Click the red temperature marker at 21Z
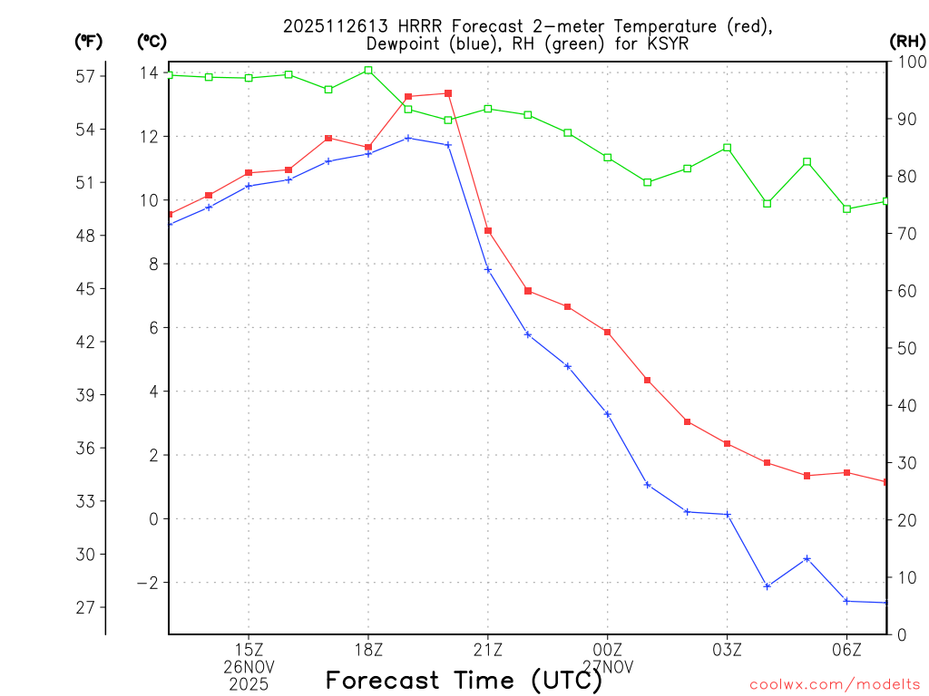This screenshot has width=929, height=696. pos(488,231)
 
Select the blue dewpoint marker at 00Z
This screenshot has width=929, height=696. pos(608,414)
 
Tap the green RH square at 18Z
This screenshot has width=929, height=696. pos(368,70)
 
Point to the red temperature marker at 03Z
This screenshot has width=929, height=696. pos(728,443)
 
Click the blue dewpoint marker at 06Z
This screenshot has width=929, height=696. pos(846,601)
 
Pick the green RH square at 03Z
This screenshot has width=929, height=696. pos(728,148)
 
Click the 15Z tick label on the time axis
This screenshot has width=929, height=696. pos(249,649)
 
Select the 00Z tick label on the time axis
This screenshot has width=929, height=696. pos(608,649)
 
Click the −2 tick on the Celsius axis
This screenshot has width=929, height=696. pos(146,583)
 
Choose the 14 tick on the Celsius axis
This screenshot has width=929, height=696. pos(149,72)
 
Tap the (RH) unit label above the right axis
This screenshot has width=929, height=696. pos(907,41)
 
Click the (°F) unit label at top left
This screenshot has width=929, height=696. pos(89,41)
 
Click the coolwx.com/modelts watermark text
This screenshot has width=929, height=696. pos(835,684)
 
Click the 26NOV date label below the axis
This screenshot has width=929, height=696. pos(249,666)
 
